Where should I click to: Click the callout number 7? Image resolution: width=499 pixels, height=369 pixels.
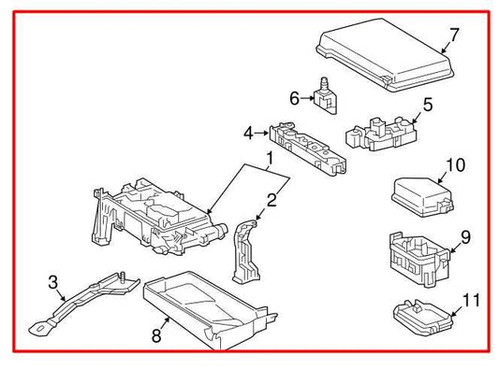454,36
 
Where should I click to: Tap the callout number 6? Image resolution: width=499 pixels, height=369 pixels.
294,96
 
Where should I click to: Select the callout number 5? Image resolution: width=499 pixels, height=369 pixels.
428,105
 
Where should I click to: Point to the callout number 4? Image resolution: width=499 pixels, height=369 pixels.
249,134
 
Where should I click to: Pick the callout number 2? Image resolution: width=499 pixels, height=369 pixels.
272,198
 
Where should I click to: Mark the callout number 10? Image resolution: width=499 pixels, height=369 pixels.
455,166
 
